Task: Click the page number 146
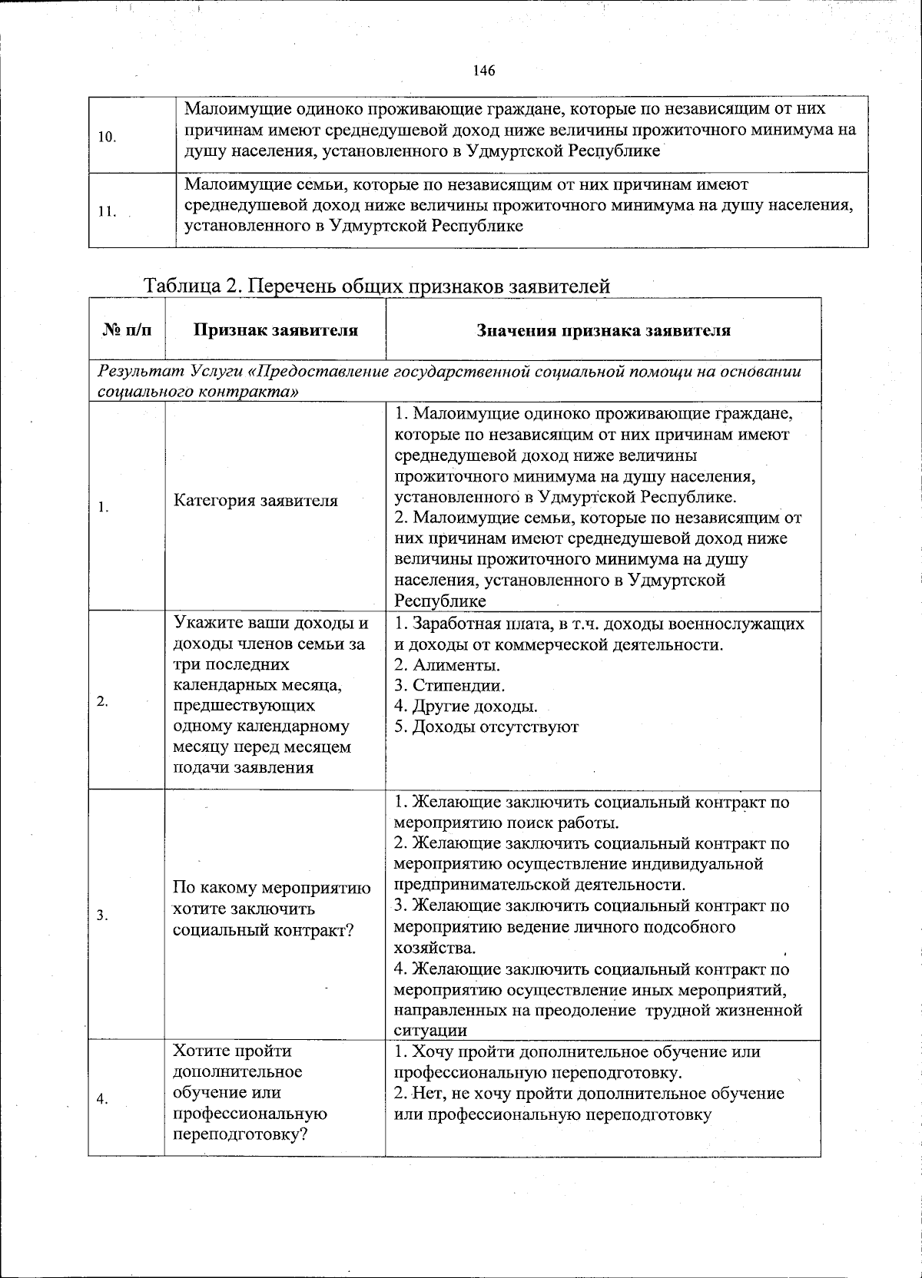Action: [x=484, y=71]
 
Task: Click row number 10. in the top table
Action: [x=108, y=137]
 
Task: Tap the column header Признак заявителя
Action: [x=275, y=330]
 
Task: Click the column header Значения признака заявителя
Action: [x=603, y=330]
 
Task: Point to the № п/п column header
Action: [x=126, y=330]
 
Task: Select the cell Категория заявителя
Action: [x=256, y=501]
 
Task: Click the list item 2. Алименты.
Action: [x=447, y=664]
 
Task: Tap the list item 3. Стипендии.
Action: [x=449, y=685]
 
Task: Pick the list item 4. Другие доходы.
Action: [x=466, y=706]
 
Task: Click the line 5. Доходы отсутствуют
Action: [x=486, y=727]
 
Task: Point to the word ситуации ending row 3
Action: [x=430, y=1031]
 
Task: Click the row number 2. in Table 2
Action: [x=103, y=700]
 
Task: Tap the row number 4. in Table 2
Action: [x=103, y=1099]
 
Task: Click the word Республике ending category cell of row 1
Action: [x=440, y=601]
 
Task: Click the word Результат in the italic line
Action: [x=134, y=372]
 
